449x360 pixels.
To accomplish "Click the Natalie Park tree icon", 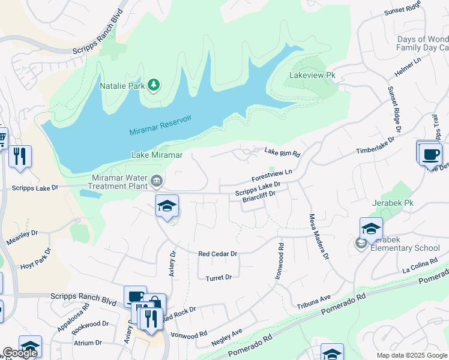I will pos(154,86).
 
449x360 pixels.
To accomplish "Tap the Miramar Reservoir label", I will pos(160,125).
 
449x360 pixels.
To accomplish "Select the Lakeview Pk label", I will pos(307,76).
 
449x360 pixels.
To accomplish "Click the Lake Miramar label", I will pos(157,155).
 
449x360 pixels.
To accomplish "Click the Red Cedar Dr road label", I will pos(218,254).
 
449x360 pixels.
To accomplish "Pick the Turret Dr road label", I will pos(218,278).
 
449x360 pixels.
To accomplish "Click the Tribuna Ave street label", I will pos(313,302).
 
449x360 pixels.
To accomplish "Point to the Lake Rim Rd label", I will pos(282,152).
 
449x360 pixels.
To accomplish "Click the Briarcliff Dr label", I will pos(258,197).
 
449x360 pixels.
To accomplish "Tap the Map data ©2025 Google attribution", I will pos(412,355).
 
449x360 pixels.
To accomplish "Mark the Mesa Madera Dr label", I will pos(318,236).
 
